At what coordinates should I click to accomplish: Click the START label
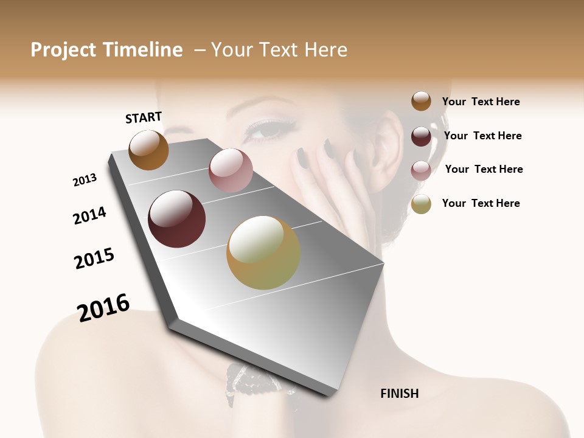tap(144, 117)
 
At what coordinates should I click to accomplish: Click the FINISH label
tap(399, 394)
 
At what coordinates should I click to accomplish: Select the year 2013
tap(85, 180)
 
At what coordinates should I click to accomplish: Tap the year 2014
tap(89, 215)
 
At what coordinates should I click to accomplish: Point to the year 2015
tap(94, 258)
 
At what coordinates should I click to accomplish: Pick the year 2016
tap(103, 308)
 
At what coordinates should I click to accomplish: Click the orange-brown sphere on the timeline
tap(148, 150)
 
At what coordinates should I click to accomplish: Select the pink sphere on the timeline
tap(231, 170)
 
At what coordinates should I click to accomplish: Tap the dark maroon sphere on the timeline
tap(176, 218)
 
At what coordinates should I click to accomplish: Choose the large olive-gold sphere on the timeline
tap(263, 252)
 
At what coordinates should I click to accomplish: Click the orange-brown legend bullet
tap(421, 101)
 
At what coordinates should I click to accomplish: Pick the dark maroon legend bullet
tap(421, 136)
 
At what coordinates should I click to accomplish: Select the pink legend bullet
tap(421, 170)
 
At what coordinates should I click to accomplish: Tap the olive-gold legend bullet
tap(421, 204)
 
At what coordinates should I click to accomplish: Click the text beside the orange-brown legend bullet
tap(481, 102)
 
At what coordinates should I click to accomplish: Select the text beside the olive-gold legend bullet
tap(481, 203)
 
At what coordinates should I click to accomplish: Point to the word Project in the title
tap(63, 50)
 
